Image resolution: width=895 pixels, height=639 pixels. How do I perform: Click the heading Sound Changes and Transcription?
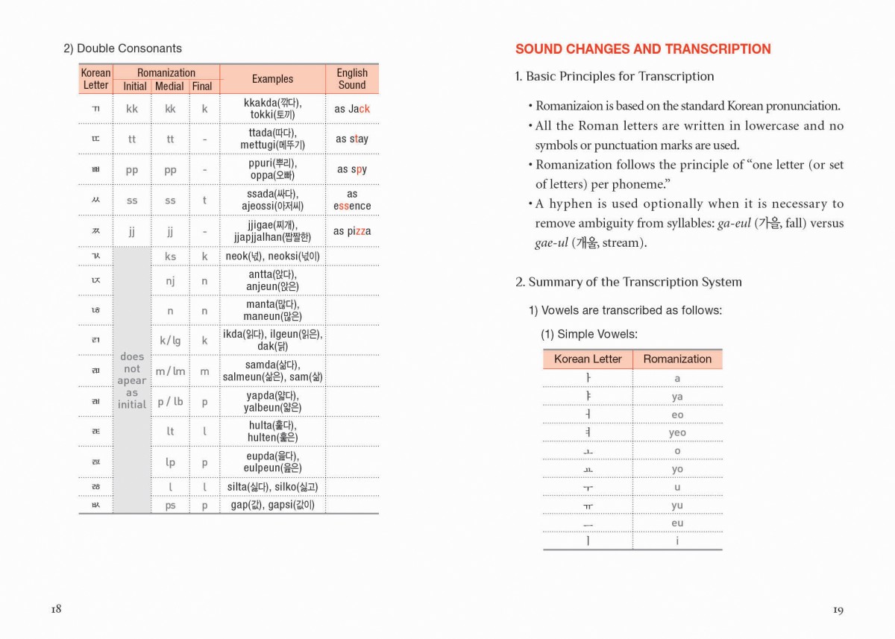[x=643, y=49]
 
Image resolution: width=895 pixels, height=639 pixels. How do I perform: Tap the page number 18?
[x=56, y=609]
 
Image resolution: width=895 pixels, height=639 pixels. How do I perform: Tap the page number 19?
[x=838, y=610]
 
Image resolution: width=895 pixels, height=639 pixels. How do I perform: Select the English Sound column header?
[x=352, y=79]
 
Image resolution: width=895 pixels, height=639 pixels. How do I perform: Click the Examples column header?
[x=272, y=79]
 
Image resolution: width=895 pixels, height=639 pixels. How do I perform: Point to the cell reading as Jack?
[x=352, y=109]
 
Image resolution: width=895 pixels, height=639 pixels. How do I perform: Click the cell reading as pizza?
[x=352, y=231]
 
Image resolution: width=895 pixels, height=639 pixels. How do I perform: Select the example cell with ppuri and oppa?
[x=272, y=169]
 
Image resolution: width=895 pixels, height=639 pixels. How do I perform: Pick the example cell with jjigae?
[x=272, y=231]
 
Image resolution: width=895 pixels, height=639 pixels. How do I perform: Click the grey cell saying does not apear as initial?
[x=132, y=380]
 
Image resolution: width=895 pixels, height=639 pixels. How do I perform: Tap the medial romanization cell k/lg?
[x=170, y=341]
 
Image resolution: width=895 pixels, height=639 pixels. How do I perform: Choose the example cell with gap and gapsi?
[x=272, y=505]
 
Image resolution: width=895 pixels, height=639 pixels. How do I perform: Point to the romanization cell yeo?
[x=677, y=432]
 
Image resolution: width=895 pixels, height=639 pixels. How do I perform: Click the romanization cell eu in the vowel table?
[x=677, y=523]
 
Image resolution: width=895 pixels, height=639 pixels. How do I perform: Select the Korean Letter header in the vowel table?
[x=588, y=359]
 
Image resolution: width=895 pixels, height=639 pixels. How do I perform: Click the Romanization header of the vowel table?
[x=677, y=359]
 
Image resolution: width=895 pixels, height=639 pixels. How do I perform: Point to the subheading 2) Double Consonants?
[x=122, y=48]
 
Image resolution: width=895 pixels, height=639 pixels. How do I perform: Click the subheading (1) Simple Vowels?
[x=589, y=334]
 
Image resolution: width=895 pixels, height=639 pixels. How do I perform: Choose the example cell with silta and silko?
[x=272, y=487]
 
